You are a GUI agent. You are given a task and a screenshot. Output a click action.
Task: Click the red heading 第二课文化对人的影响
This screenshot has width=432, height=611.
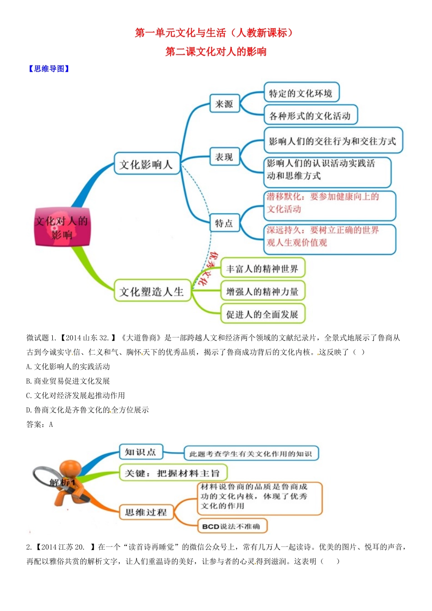coord(216,52)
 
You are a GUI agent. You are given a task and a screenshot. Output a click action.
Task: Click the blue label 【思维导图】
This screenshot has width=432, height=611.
coord(49,69)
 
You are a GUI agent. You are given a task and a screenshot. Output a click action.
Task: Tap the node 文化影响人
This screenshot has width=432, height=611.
coord(146,165)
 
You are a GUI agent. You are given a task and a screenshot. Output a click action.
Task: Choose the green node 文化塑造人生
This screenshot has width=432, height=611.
coord(151,291)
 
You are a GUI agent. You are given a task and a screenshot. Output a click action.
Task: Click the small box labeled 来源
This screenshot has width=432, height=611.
coord(224,104)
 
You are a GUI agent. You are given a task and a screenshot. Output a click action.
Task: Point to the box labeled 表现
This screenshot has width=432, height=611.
coord(224,157)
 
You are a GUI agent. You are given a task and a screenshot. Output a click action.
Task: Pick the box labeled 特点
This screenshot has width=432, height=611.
coord(224,223)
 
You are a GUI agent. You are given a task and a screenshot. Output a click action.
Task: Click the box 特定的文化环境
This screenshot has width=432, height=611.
coord(301,93)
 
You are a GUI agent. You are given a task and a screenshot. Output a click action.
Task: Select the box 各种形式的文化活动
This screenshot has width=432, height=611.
coord(310,116)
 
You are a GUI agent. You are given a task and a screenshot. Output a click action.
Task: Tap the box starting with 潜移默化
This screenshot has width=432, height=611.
coord(330,203)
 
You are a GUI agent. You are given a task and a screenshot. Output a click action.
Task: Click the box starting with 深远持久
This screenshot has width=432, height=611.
coord(330,237)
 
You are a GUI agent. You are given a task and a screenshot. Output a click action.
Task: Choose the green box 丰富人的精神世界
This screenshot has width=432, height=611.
coord(262,269)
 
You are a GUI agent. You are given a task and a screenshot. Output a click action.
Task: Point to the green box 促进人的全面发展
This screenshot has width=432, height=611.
coord(262,314)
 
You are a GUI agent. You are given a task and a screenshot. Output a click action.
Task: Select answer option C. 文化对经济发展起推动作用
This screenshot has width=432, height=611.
coord(75,396)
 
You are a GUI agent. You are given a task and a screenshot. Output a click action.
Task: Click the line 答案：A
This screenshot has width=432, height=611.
coord(40,425)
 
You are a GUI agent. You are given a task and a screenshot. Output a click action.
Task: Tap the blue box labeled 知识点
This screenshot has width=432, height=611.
coord(141,452)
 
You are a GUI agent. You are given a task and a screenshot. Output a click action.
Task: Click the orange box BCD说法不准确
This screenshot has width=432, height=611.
coord(232,526)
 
